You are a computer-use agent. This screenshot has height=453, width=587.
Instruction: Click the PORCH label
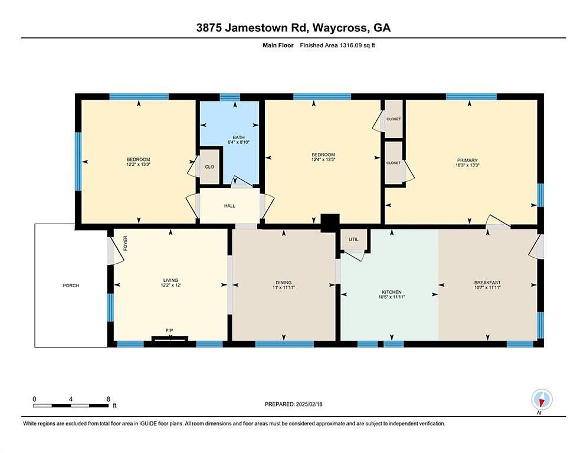71,285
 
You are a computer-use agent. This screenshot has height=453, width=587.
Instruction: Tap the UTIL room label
353,239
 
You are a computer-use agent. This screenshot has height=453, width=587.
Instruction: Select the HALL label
229,206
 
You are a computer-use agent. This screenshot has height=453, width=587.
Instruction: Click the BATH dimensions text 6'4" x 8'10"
238,142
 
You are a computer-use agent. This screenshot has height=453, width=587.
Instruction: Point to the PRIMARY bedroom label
467,160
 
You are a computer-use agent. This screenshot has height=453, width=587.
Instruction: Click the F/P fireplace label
169,330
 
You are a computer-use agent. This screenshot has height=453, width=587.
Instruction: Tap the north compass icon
542,400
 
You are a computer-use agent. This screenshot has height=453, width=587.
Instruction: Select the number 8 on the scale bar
109,399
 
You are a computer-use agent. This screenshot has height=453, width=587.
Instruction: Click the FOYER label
126,243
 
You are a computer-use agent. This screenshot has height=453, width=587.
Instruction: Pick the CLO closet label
209,166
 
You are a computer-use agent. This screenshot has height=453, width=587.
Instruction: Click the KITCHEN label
392,292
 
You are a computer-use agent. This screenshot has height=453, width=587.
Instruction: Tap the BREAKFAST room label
487,283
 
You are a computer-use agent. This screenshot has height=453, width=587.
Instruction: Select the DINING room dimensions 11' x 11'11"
283,287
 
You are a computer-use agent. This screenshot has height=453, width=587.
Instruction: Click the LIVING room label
170,280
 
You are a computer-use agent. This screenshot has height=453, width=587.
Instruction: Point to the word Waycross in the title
340,28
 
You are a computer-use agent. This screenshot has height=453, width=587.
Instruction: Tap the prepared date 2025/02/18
309,404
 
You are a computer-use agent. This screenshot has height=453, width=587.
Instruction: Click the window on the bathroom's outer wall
230,97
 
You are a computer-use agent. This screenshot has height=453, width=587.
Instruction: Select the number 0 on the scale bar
34,399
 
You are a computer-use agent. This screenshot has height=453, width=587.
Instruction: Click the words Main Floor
278,45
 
